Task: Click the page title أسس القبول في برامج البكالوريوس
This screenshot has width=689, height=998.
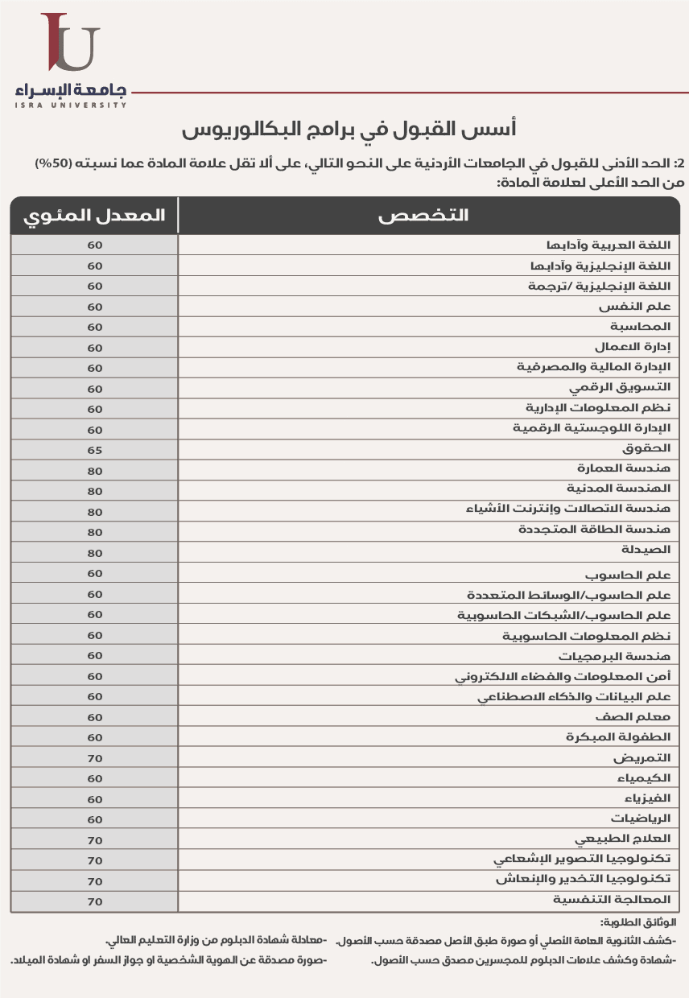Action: click(x=348, y=129)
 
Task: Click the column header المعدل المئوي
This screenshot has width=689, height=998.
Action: click(x=95, y=216)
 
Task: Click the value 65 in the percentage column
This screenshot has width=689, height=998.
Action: click(x=95, y=449)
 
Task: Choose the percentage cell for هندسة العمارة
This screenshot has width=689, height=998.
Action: click(x=95, y=469)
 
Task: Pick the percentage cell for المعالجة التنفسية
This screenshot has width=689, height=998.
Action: click(x=95, y=901)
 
